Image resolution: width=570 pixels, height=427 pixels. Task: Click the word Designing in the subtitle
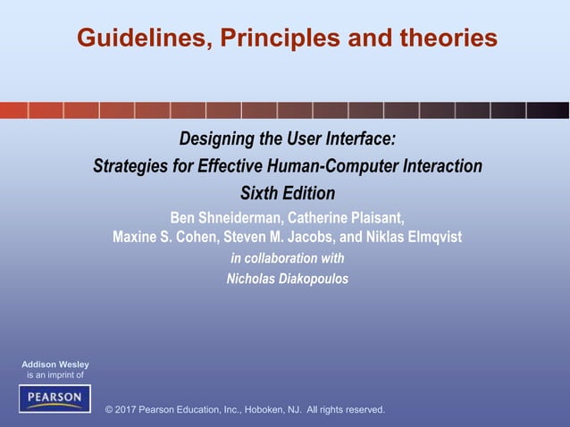point(217,139)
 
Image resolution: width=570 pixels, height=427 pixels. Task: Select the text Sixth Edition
point(288,193)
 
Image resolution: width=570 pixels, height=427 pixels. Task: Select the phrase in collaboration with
point(288,258)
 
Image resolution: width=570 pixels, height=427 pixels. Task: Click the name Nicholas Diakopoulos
point(288,279)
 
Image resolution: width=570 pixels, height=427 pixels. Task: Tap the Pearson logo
point(54,398)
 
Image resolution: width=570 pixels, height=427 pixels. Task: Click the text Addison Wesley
point(55,364)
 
